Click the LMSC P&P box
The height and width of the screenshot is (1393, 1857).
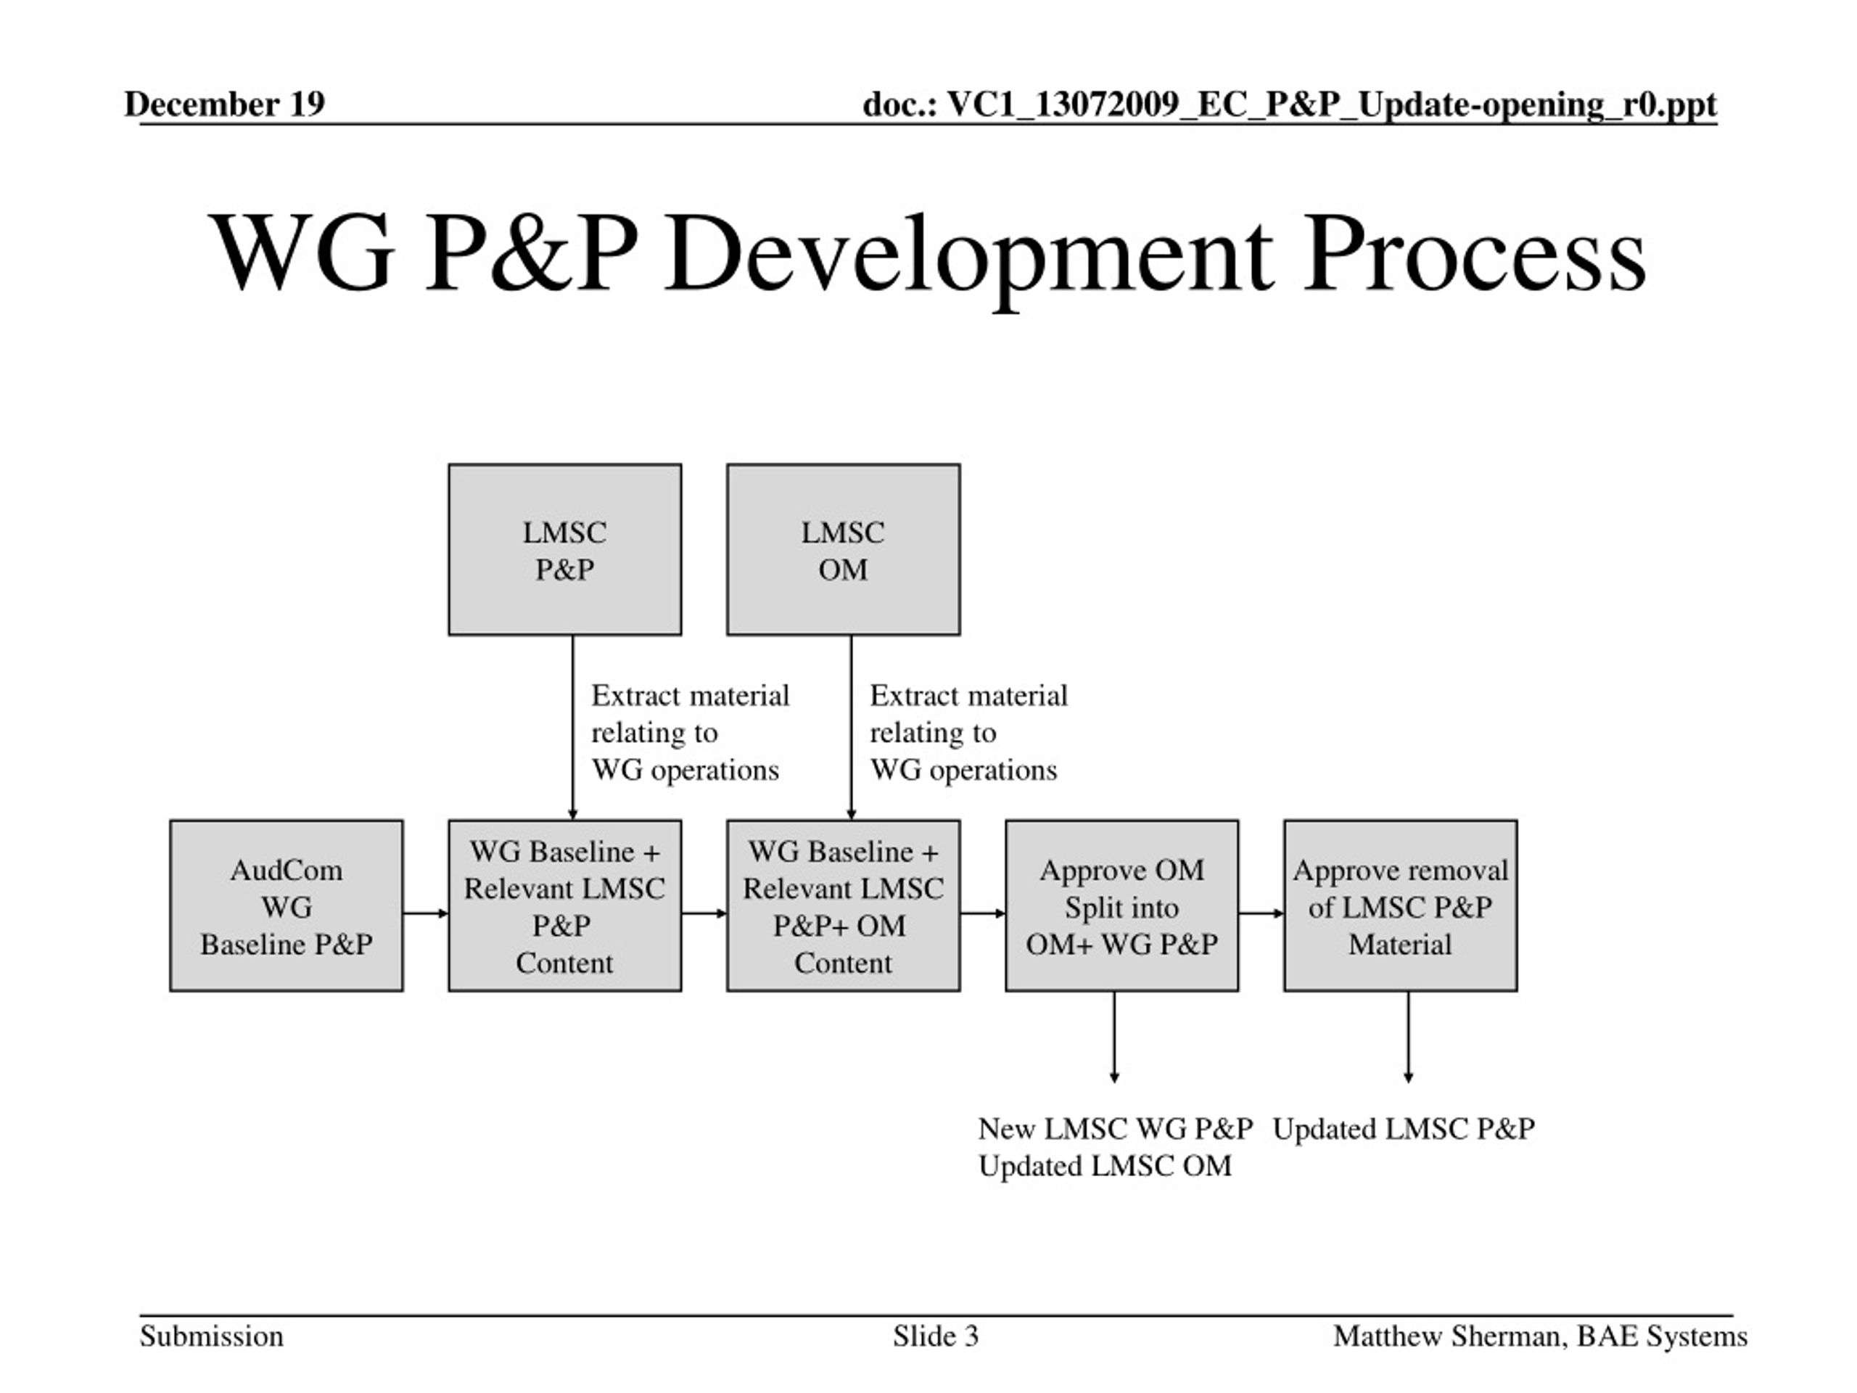(x=565, y=550)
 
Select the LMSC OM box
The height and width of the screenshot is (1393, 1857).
(x=844, y=550)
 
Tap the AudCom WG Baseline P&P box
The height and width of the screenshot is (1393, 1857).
(x=287, y=906)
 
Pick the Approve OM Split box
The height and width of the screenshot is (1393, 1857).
(x=1121, y=906)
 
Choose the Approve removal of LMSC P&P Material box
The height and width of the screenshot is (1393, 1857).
(x=1400, y=906)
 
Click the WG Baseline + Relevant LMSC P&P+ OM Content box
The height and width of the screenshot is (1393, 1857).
(x=844, y=906)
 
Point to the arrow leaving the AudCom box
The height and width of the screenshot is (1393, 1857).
(x=426, y=913)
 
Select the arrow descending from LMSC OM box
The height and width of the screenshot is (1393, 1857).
(x=852, y=728)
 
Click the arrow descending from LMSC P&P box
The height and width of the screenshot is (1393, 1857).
(x=572, y=728)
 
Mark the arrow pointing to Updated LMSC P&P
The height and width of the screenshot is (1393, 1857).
(x=1408, y=1037)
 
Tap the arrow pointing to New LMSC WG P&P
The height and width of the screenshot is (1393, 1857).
(x=1114, y=1037)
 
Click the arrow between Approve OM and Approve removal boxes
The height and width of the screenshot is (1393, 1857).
(x=1261, y=913)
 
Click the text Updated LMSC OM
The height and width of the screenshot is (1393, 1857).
(x=1105, y=1167)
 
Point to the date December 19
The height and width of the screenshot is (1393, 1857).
(x=224, y=104)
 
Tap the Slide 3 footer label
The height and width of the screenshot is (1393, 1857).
(x=935, y=1336)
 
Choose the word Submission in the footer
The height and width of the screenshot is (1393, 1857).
(x=212, y=1336)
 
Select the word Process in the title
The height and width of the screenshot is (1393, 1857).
(x=1475, y=254)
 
